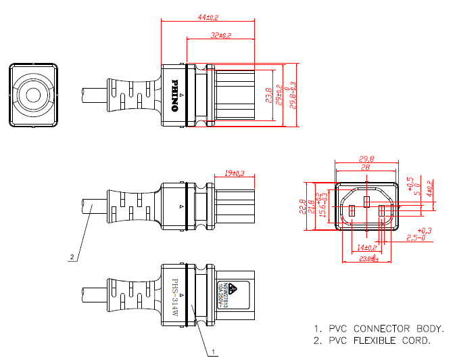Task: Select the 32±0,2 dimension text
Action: click(221, 35)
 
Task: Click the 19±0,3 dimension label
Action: click(235, 174)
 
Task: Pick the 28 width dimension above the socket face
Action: click(365, 167)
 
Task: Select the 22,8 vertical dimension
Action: click(303, 204)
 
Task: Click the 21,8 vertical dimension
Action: click(312, 204)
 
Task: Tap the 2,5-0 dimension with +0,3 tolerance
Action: click(415, 238)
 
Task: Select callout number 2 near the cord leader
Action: click(71, 257)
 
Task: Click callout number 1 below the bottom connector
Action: click(214, 352)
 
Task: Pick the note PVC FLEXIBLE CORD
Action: click(379, 340)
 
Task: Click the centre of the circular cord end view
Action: click(32, 95)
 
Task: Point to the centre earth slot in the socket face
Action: click(366, 202)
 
